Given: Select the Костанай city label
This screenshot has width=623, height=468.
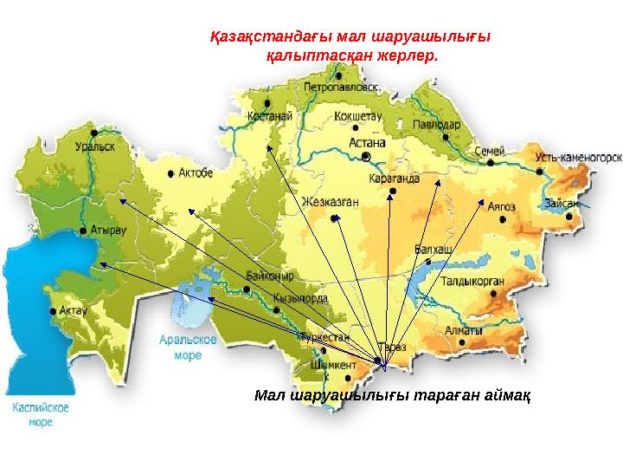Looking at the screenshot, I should point(267,115).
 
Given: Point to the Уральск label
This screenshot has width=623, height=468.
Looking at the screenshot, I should point(94,147).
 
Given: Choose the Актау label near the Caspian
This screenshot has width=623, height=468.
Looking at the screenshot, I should point(74,309).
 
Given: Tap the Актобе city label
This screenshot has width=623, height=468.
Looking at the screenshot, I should point(196,173).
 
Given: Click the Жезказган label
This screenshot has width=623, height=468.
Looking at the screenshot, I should point(330,202).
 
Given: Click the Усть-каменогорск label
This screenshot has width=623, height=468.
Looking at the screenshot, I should point(577,159).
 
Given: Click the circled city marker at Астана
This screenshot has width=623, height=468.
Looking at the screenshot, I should point(366,156).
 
